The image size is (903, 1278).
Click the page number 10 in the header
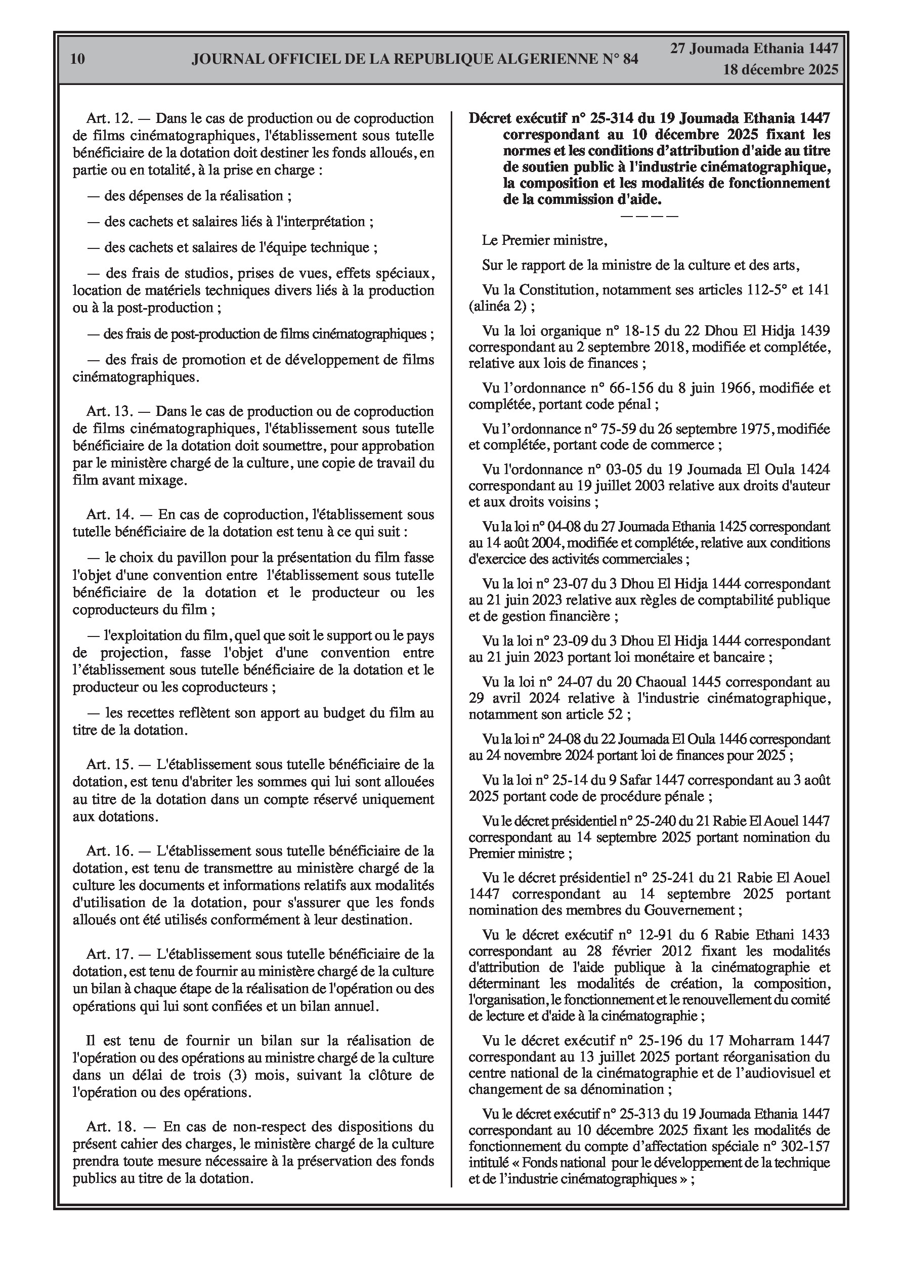pyautogui.click(x=78, y=59)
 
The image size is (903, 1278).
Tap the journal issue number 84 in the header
pyautogui.click(x=629, y=59)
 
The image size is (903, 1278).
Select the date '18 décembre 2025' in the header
pyautogui.click(x=780, y=70)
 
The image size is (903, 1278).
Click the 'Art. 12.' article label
pyautogui.click(x=109, y=118)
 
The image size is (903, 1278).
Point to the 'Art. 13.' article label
pyautogui.click(x=109, y=411)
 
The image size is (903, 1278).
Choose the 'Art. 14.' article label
pyautogui.click(x=109, y=515)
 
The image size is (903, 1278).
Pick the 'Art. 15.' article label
pyautogui.click(x=109, y=764)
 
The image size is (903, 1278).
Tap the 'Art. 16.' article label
pyautogui.click(x=109, y=850)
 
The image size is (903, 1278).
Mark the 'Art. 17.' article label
pyautogui.click(x=109, y=954)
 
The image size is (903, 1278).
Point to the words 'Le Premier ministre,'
pyautogui.click(x=544, y=240)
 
